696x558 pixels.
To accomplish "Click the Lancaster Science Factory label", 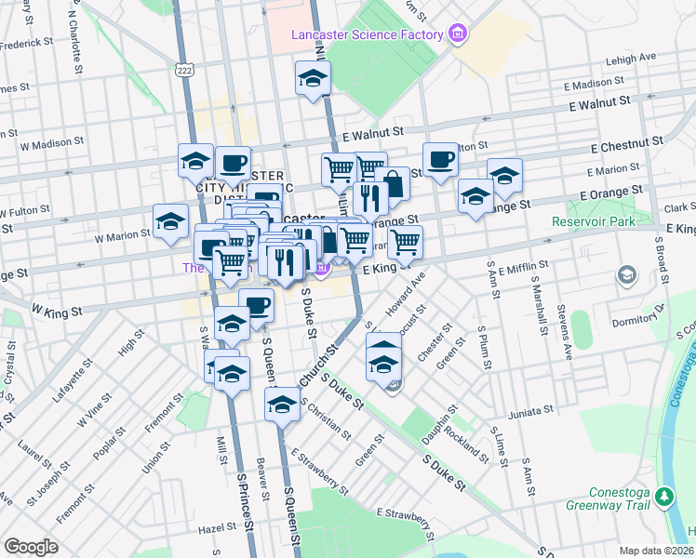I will tap(366, 34).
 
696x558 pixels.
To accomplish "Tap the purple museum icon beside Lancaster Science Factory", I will tap(457, 34).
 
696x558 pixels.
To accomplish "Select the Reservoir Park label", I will tap(596, 222).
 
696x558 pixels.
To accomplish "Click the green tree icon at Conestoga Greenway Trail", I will tap(664, 495).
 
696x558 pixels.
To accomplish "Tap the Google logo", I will tap(31, 546).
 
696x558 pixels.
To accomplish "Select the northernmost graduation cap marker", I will tap(314, 78).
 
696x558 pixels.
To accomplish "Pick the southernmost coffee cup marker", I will tap(256, 304).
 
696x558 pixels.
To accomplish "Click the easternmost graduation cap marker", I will tap(504, 174).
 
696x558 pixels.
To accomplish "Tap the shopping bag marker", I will tap(393, 183).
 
